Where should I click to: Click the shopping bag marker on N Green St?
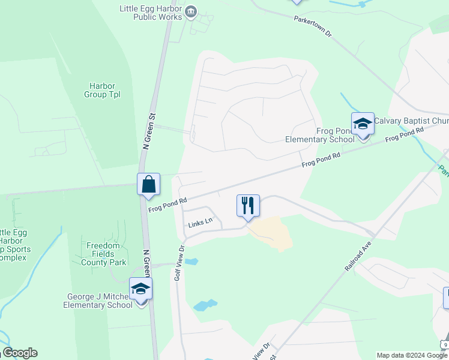(x=148, y=185)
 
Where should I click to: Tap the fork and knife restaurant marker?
(x=248, y=206)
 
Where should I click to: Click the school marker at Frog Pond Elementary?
(x=363, y=124)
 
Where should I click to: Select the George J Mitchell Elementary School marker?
(x=141, y=290)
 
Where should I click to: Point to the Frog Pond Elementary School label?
(x=320, y=136)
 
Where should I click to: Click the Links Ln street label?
(x=200, y=222)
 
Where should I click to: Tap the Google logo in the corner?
(x=19, y=353)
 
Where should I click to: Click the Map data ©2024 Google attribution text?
(x=412, y=355)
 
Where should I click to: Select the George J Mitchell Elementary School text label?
(x=98, y=301)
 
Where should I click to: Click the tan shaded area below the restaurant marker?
(x=273, y=232)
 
